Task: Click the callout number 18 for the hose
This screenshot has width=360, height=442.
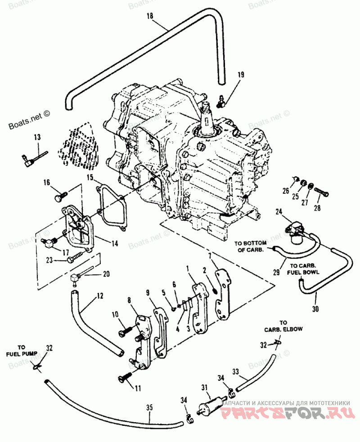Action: tap(150, 16)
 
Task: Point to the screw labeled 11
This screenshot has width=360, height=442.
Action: tap(124, 377)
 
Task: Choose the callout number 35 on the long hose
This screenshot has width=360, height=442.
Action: tap(149, 407)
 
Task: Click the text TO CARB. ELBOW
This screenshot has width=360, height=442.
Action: tap(283, 326)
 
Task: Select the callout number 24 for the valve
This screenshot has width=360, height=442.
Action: tap(279, 211)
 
